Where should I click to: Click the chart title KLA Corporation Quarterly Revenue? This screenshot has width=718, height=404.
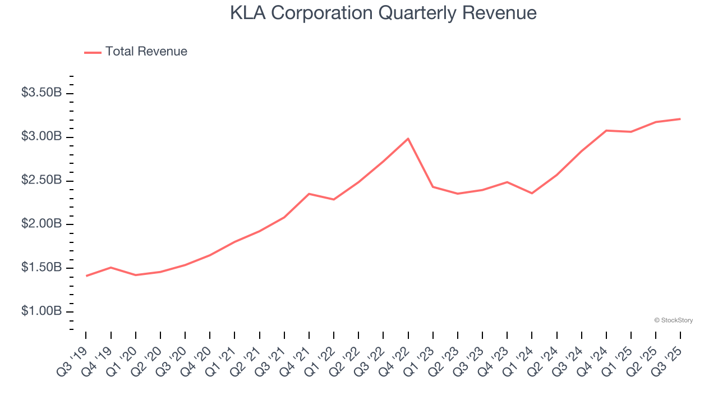point(383,13)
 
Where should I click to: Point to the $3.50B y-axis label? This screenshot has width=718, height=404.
point(42,93)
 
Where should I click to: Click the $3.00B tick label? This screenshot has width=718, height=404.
point(42,136)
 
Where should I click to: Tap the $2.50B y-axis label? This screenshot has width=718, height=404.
point(42,180)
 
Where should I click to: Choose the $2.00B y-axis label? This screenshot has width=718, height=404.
point(42,224)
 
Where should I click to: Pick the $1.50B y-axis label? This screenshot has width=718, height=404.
point(42,268)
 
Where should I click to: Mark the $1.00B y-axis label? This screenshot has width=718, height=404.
point(42,311)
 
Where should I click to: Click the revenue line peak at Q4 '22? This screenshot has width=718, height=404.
point(408,139)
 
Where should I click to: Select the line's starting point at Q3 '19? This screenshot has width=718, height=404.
point(86,276)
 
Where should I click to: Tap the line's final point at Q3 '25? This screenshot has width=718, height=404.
point(680,119)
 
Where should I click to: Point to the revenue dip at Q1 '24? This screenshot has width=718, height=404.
point(532,193)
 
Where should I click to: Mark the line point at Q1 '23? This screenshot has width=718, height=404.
point(432,186)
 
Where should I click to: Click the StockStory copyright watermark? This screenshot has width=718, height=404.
point(673,320)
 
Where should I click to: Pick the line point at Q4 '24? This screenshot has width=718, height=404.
point(606,130)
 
